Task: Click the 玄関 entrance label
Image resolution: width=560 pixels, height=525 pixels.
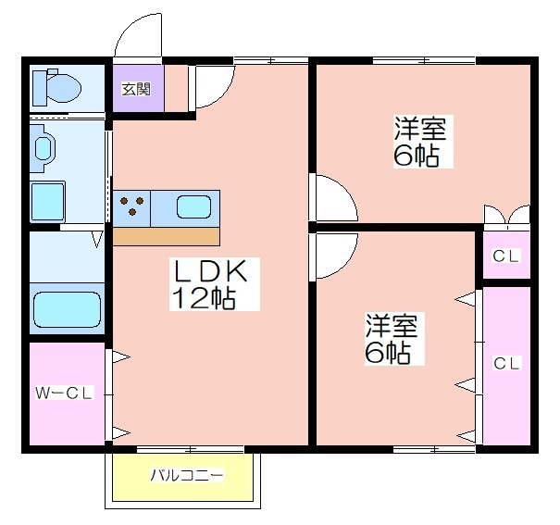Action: [136, 89]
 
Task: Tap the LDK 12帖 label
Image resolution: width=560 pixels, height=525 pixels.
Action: [211, 284]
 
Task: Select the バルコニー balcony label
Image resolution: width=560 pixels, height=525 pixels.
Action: [187, 475]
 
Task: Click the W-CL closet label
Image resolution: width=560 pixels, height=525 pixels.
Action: [64, 394]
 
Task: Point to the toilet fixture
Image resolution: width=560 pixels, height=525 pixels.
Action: [56, 87]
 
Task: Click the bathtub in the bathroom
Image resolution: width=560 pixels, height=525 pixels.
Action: [67, 309]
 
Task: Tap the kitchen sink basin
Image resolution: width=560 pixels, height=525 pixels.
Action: [193, 206]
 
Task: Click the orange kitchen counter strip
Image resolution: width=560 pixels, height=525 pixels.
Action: [166, 237]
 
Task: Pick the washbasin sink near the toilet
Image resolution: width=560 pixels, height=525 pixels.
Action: [43, 148]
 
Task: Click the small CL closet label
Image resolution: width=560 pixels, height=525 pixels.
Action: [505, 256]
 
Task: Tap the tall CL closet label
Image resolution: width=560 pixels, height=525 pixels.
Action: [506, 364]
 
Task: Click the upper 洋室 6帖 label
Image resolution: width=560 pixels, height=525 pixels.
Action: [419, 142]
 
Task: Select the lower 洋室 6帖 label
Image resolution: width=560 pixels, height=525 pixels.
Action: [391, 339]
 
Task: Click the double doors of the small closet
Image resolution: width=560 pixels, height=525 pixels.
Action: [507, 216]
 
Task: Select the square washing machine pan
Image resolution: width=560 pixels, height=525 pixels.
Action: [47, 202]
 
